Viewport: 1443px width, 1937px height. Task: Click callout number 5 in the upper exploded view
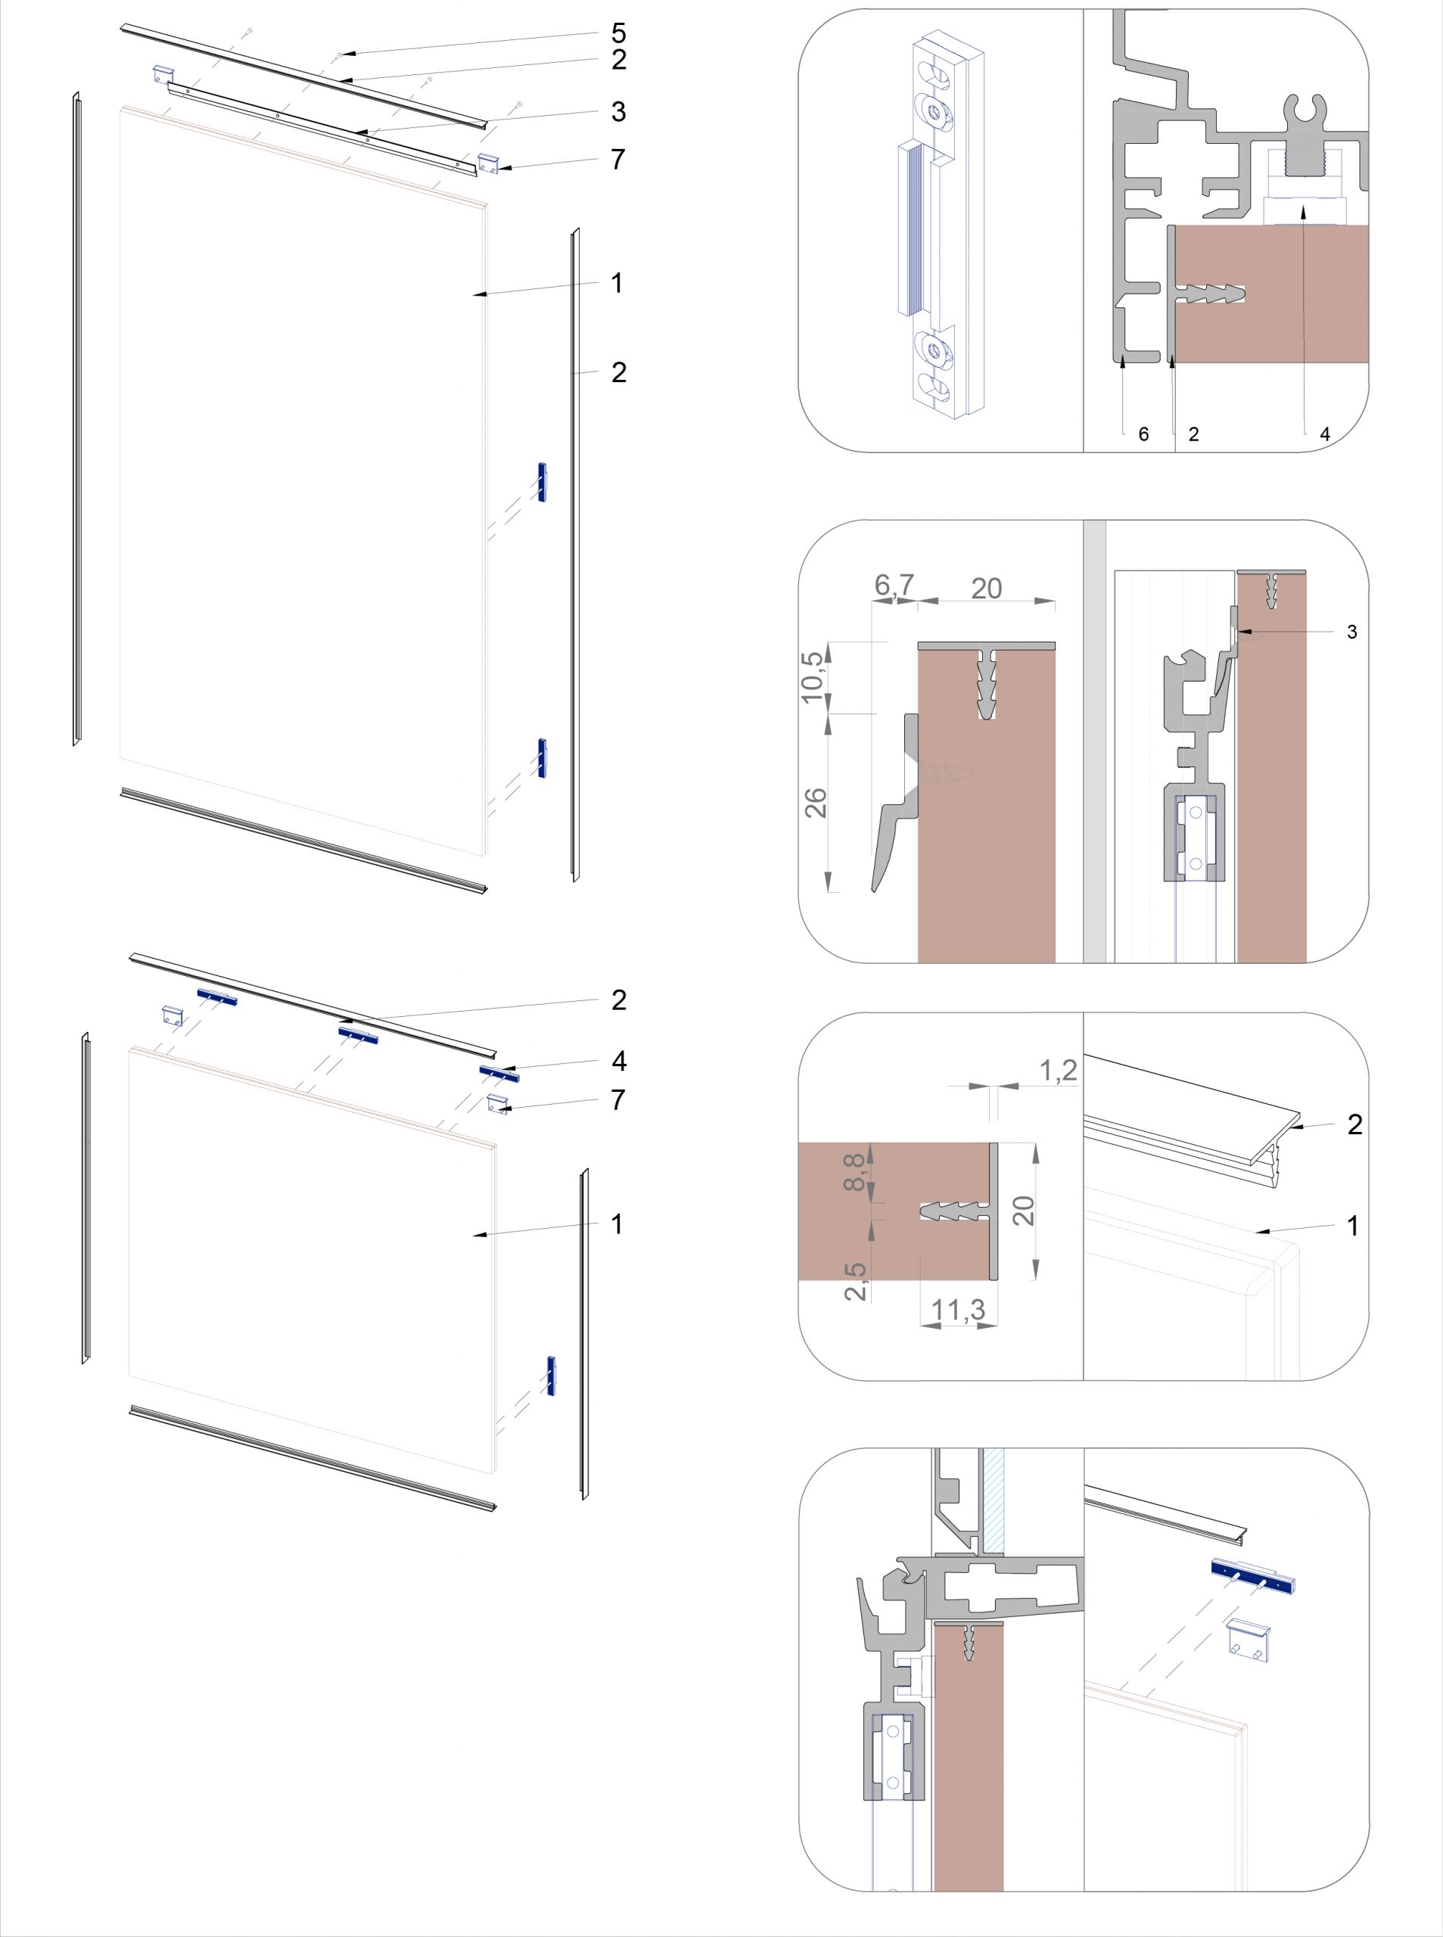click(618, 33)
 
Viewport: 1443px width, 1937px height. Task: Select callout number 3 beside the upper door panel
click(618, 112)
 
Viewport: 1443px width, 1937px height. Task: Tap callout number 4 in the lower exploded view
click(618, 1061)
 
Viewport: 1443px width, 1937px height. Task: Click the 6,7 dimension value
click(894, 584)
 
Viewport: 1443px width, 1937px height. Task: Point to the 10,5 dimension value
click(813, 676)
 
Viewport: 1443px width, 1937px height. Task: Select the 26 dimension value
click(815, 803)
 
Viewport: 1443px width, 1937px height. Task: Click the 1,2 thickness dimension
click(1058, 1070)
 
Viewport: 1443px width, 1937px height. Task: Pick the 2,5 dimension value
click(856, 1281)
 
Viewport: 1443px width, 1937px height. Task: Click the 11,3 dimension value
click(958, 1309)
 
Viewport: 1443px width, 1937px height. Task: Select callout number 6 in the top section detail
click(1143, 434)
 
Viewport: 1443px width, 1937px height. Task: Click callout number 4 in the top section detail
click(1325, 434)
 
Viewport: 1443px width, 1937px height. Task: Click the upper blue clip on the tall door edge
click(542, 482)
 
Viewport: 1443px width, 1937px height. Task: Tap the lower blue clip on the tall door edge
click(543, 758)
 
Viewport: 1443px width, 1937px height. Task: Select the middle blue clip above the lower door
click(358, 1035)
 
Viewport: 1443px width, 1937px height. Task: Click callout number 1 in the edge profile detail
click(1353, 1226)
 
